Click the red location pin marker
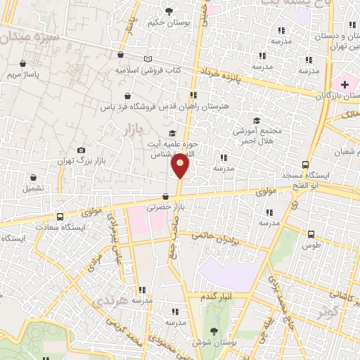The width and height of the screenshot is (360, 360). (x=180, y=165)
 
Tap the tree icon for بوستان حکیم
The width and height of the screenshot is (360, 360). (x=169, y=11)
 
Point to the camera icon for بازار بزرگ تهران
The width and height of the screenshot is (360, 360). (x=81, y=150)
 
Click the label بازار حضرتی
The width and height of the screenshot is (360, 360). (x=165, y=208)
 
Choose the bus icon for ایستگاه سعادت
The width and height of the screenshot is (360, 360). (x=60, y=217)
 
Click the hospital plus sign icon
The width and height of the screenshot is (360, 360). (x=344, y=84)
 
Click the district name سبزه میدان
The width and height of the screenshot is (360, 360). (x=28, y=35)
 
